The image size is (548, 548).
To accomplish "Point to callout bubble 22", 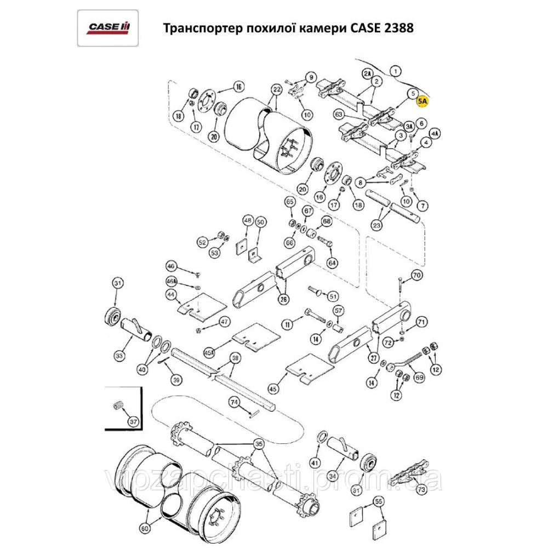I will pyautogui.click(x=276, y=89).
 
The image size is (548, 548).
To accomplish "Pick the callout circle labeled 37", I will pyautogui.click(x=133, y=422).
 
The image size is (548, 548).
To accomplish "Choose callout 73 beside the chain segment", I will pyautogui.click(x=421, y=489).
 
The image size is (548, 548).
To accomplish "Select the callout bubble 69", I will pyautogui.click(x=420, y=378).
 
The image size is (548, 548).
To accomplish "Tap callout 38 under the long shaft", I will pyautogui.click(x=235, y=358).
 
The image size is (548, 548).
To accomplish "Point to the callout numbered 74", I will pyautogui.click(x=235, y=403).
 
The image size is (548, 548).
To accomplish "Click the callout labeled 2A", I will pyautogui.click(x=368, y=73).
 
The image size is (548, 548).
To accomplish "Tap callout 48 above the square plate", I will pyautogui.click(x=248, y=221).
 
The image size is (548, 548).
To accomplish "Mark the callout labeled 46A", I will pyautogui.click(x=172, y=281).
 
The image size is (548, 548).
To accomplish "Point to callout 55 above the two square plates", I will pyautogui.click(x=378, y=501).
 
